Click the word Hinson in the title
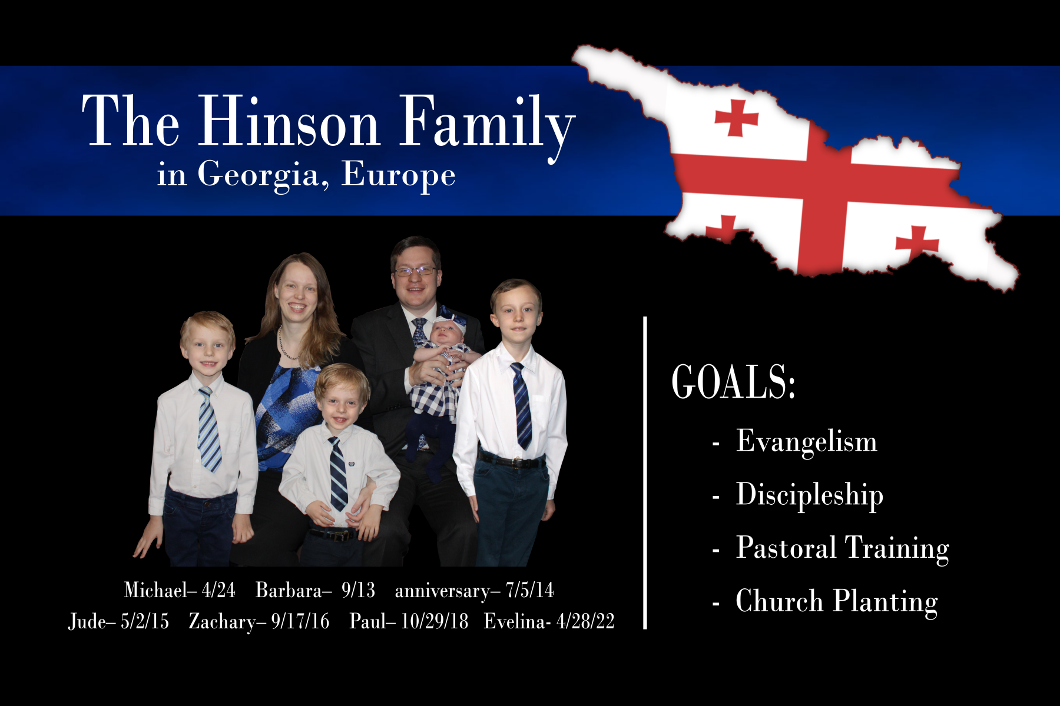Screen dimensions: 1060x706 289,121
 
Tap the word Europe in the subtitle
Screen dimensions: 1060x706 398,175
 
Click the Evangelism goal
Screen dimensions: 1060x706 806,441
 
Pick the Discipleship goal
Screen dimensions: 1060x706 810,495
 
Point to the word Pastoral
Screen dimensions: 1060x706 786,548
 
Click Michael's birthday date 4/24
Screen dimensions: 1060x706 218,590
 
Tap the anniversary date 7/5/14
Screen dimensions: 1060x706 529,590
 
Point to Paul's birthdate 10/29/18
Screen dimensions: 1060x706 435,621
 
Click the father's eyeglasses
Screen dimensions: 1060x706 416,271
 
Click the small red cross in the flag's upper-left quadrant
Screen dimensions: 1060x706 736,118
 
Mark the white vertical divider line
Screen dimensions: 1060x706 645,473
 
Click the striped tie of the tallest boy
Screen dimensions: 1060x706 522,406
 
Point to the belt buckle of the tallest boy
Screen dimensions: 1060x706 518,462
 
